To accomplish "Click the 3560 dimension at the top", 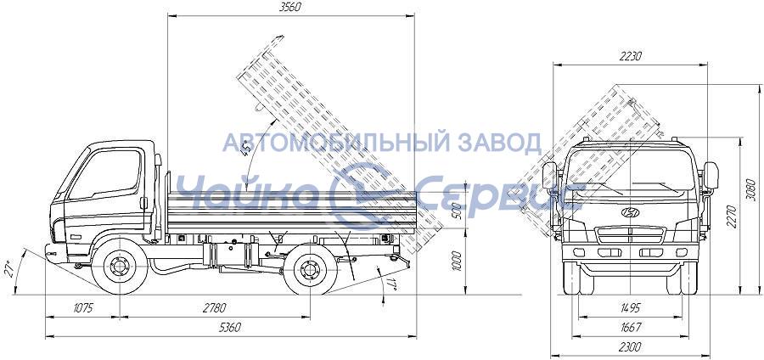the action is (290, 7).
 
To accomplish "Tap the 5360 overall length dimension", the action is (229, 328).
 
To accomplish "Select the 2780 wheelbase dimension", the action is (215, 308).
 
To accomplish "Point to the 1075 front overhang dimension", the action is (81, 308).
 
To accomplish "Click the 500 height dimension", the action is (457, 211).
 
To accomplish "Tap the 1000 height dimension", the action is (457, 262).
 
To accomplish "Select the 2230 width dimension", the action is (630, 57).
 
